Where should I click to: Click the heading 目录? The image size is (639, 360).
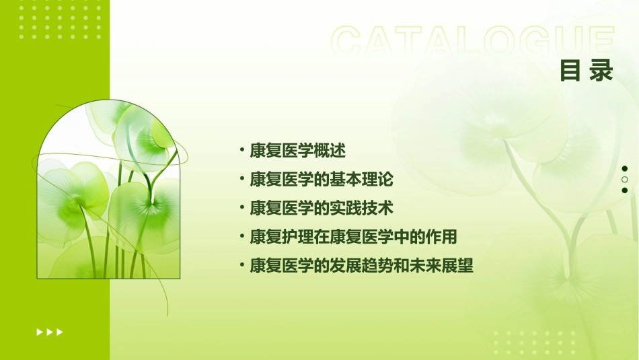click(586, 71)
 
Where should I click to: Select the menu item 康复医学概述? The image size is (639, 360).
click(297, 151)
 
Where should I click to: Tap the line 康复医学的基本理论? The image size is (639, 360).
click(322, 180)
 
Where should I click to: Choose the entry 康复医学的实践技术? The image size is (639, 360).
click(322, 208)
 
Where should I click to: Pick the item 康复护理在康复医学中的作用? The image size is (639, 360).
click(353, 237)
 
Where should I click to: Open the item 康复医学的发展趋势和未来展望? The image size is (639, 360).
click(361, 266)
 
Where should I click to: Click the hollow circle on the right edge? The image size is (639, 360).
click(625, 180)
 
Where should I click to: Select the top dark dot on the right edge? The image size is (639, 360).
click(625, 169)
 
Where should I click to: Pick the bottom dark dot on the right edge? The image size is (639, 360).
click(625, 190)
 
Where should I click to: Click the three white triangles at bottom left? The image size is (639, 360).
click(50, 332)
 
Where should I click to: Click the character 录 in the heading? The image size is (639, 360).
click(601, 71)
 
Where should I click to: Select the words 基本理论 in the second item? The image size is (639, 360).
click(369, 180)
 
